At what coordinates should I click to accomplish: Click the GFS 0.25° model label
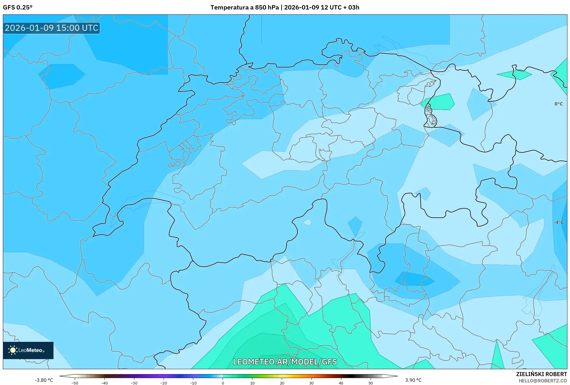[18, 7]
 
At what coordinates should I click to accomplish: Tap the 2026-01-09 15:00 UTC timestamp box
[51, 28]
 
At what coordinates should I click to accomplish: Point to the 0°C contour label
[558, 104]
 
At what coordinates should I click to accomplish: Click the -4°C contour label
[558, 222]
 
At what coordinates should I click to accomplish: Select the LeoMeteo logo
[28, 350]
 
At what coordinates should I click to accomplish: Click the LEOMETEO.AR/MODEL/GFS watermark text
[285, 362]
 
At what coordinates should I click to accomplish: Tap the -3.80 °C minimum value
[44, 380]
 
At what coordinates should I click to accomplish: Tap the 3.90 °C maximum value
[413, 380]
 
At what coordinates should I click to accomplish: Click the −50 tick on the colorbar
[75, 383]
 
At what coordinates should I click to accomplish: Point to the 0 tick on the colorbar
[223, 383]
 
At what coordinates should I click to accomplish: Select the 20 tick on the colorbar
[282, 383]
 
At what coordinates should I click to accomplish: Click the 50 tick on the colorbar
[371, 383]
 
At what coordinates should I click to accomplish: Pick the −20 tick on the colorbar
[164, 383]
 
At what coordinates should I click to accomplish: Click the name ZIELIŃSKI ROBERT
[542, 374]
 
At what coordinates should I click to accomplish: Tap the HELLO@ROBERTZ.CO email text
[543, 381]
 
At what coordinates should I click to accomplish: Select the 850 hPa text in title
[267, 7]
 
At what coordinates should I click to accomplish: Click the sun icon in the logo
[13, 350]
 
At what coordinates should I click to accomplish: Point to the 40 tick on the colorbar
[341, 383]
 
